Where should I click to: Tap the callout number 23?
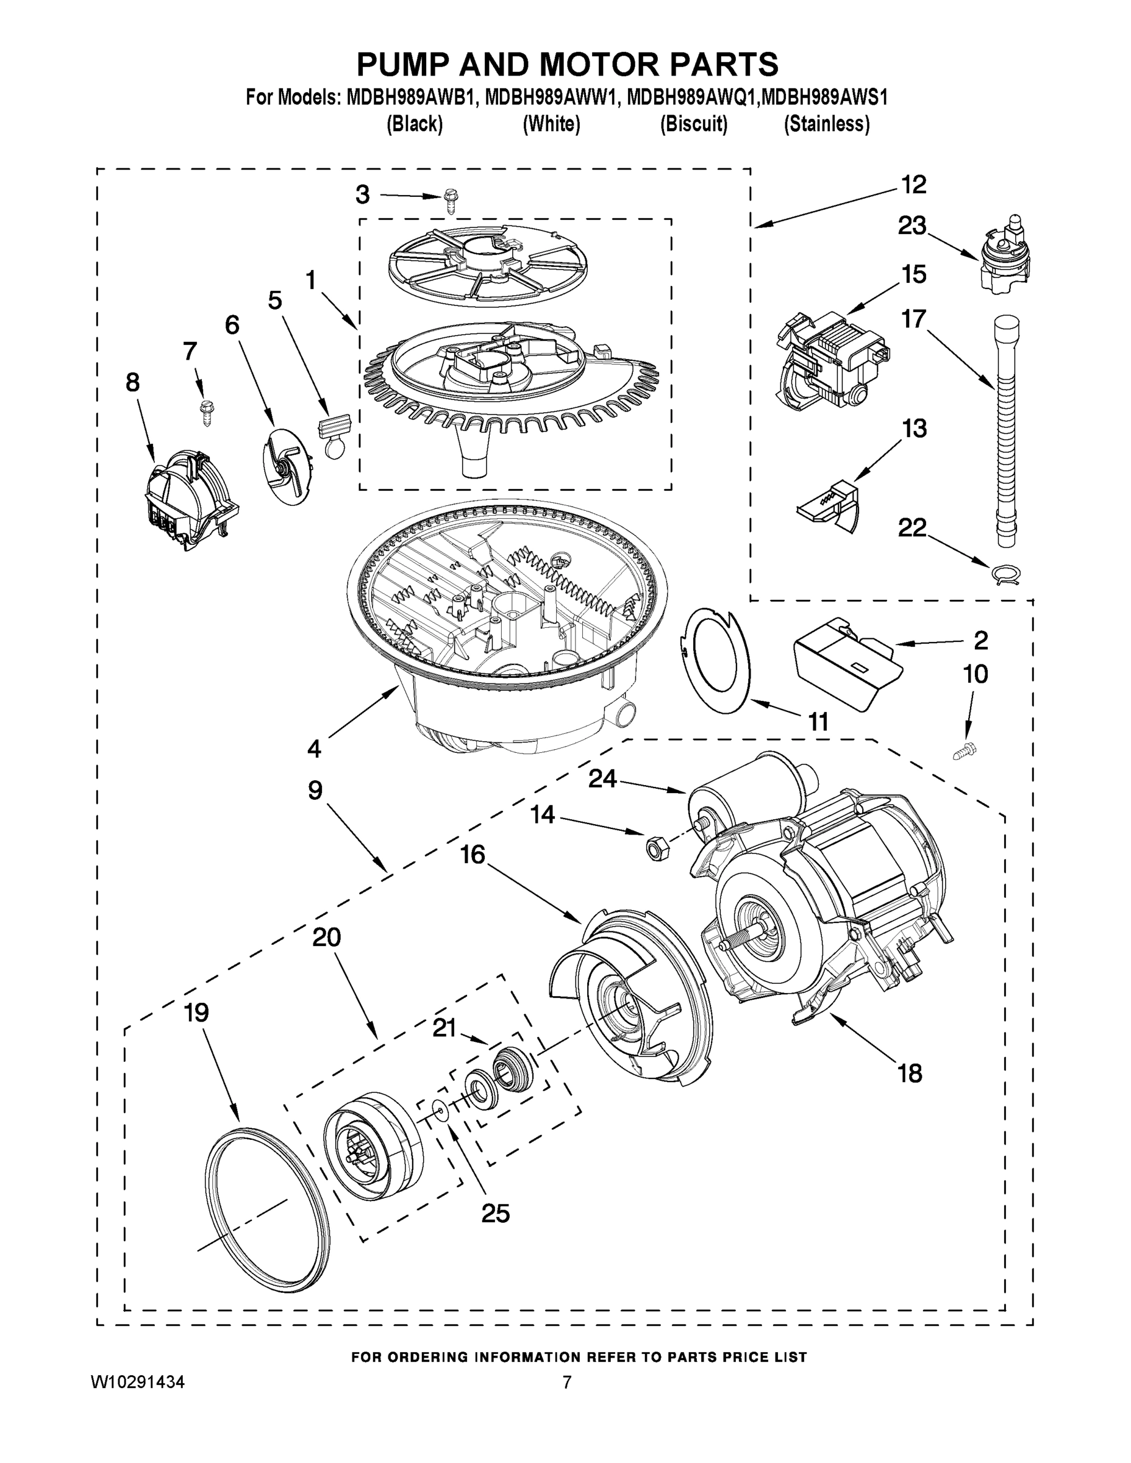912,226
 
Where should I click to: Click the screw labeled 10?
963,751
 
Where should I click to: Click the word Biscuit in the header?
693,124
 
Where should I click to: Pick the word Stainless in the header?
827,124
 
